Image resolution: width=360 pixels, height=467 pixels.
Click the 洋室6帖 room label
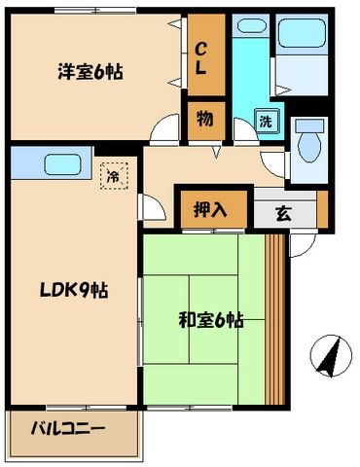[93, 71]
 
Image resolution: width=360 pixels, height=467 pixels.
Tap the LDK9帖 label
[72, 290]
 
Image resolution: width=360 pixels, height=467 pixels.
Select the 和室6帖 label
[209, 318]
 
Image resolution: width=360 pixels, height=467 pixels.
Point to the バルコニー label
[67, 428]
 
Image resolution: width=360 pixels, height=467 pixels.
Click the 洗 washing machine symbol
[266, 122]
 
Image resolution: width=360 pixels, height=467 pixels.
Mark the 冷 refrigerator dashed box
[113, 176]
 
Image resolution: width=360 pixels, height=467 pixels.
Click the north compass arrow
[329, 357]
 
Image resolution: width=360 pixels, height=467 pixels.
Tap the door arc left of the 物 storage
[172, 127]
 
